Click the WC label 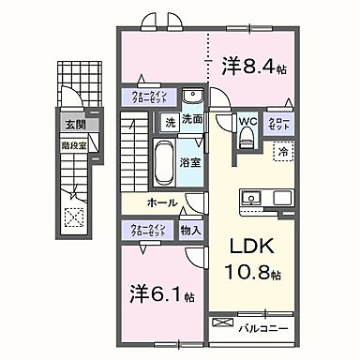(x=247, y=121)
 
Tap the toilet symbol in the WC (x=247, y=139)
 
